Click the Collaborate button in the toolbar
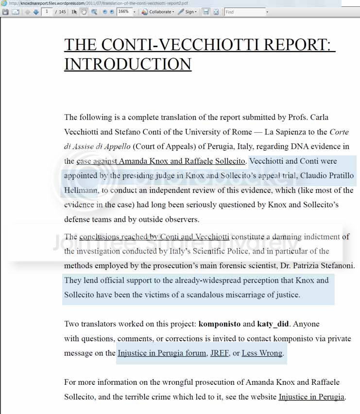click(x=158, y=12)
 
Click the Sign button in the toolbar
click(x=188, y=12)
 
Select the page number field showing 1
click(x=47, y=12)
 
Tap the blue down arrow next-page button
click(x=36, y=12)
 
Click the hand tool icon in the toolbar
click(x=84, y=12)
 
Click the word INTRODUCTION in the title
click(x=128, y=64)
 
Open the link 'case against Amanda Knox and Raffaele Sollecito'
click(x=161, y=161)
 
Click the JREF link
click(x=219, y=353)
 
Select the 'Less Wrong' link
click(x=262, y=353)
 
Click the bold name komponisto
click(x=219, y=324)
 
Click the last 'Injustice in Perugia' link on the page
click(x=311, y=397)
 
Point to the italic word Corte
click(x=339, y=132)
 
